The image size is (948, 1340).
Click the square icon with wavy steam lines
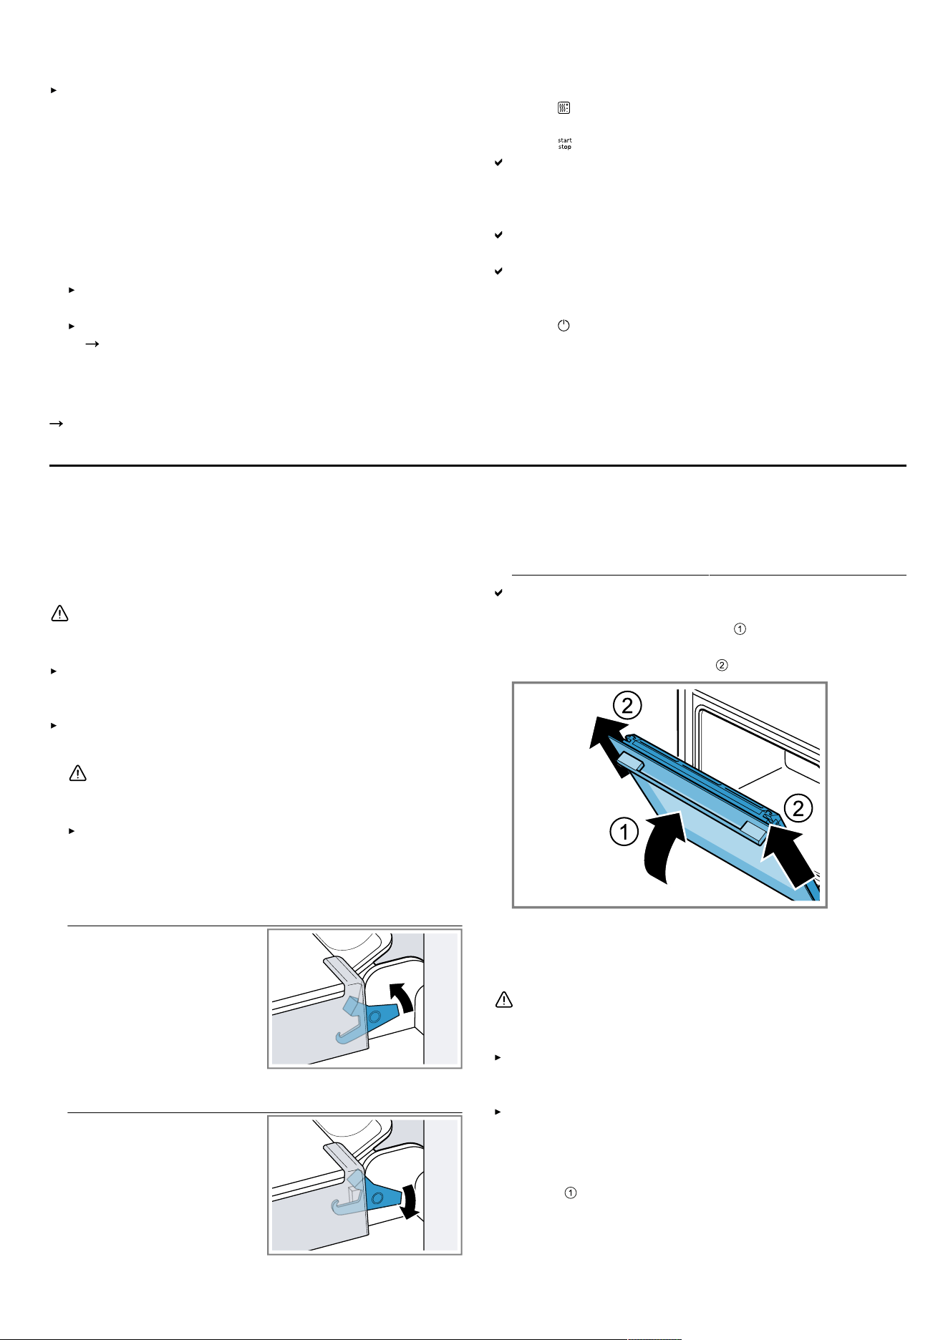coord(564,108)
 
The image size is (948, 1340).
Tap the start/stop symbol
coord(565,144)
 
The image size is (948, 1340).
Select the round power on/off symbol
coord(564,326)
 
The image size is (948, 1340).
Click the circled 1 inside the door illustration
coord(624,832)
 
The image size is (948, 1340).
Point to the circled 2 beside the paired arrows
coord(627,706)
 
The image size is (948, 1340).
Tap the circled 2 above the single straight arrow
coord(798,809)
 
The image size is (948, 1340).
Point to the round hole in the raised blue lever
coord(374,1016)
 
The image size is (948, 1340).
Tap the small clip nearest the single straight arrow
coord(755,828)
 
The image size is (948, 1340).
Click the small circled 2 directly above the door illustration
coord(722,665)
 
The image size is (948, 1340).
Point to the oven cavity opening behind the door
coord(759,744)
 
